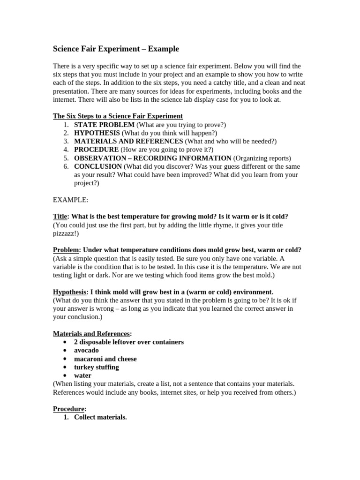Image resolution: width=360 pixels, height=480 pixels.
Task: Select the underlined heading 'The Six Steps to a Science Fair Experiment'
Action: point(118,116)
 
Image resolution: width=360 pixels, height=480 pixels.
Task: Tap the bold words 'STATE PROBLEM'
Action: point(104,124)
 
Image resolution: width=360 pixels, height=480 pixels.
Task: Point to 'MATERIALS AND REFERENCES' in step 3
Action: point(128,141)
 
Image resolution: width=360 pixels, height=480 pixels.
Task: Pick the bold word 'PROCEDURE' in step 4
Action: point(96,150)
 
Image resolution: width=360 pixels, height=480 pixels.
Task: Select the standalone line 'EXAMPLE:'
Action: point(70,200)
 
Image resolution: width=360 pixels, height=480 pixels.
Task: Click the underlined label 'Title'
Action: point(60,217)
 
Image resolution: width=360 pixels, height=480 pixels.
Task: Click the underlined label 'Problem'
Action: point(66,250)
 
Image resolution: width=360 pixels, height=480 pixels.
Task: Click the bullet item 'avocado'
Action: point(86,351)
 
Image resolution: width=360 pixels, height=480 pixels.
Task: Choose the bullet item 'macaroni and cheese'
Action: point(105,359)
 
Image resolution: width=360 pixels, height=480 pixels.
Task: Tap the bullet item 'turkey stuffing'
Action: point(97,367)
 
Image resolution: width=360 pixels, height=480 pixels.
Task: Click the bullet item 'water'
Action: point(82,376)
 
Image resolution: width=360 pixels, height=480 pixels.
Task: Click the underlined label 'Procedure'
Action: point(68,409)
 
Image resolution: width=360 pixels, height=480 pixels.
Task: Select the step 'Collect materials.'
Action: point(100,418)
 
